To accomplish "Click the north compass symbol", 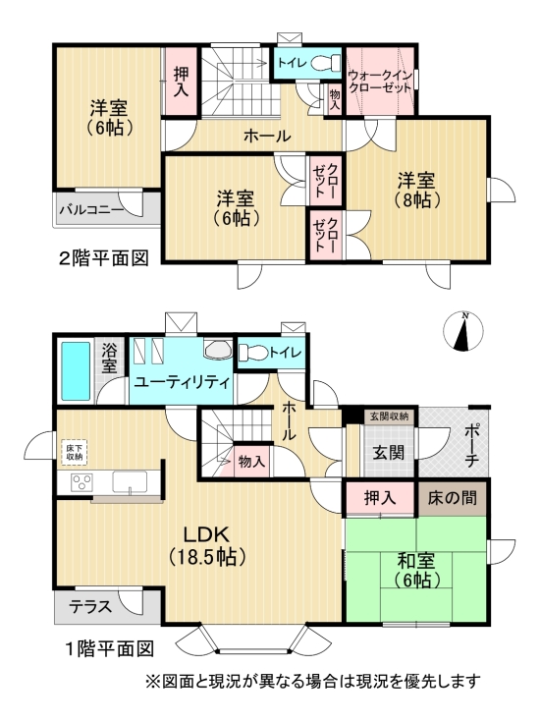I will (464, 331).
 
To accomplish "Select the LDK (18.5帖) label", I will (208, 544).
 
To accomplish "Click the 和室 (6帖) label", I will (417, 569).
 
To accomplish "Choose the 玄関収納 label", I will (390, 417).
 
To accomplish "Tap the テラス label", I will (90, 606).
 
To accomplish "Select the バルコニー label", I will (90, 208).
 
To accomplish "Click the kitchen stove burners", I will (80, 482).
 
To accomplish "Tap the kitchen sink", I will (130, 481).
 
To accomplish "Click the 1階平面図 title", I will (108, 649).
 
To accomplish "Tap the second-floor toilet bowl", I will (328, 65).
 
